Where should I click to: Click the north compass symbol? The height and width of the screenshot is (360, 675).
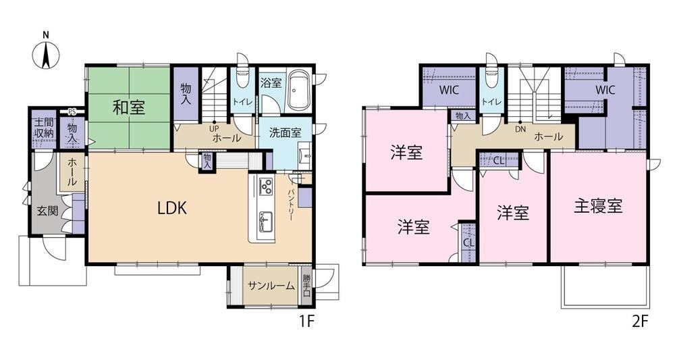(46, 50)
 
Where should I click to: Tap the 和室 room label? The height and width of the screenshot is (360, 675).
(129, 107)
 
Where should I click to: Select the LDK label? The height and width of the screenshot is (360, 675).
(171, 209)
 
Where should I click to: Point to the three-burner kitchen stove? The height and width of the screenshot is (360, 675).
(265, 186)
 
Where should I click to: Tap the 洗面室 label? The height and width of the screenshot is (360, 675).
(286, 132)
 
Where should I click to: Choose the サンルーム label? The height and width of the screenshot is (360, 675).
(271, 286)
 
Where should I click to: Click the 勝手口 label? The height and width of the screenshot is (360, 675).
(306, 286)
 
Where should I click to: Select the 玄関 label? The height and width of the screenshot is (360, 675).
(47, 211)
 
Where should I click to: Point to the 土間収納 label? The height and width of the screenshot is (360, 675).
(44, 127)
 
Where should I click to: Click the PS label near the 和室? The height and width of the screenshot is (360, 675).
(72, 111)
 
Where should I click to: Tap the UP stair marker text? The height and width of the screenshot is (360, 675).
(214, 128)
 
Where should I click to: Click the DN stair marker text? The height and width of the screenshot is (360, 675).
(520, 129)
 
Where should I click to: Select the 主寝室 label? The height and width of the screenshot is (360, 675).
(598, 206)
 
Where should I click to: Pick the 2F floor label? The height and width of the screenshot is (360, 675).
(640, 322)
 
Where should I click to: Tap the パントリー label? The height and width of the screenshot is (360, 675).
(290, 205)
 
